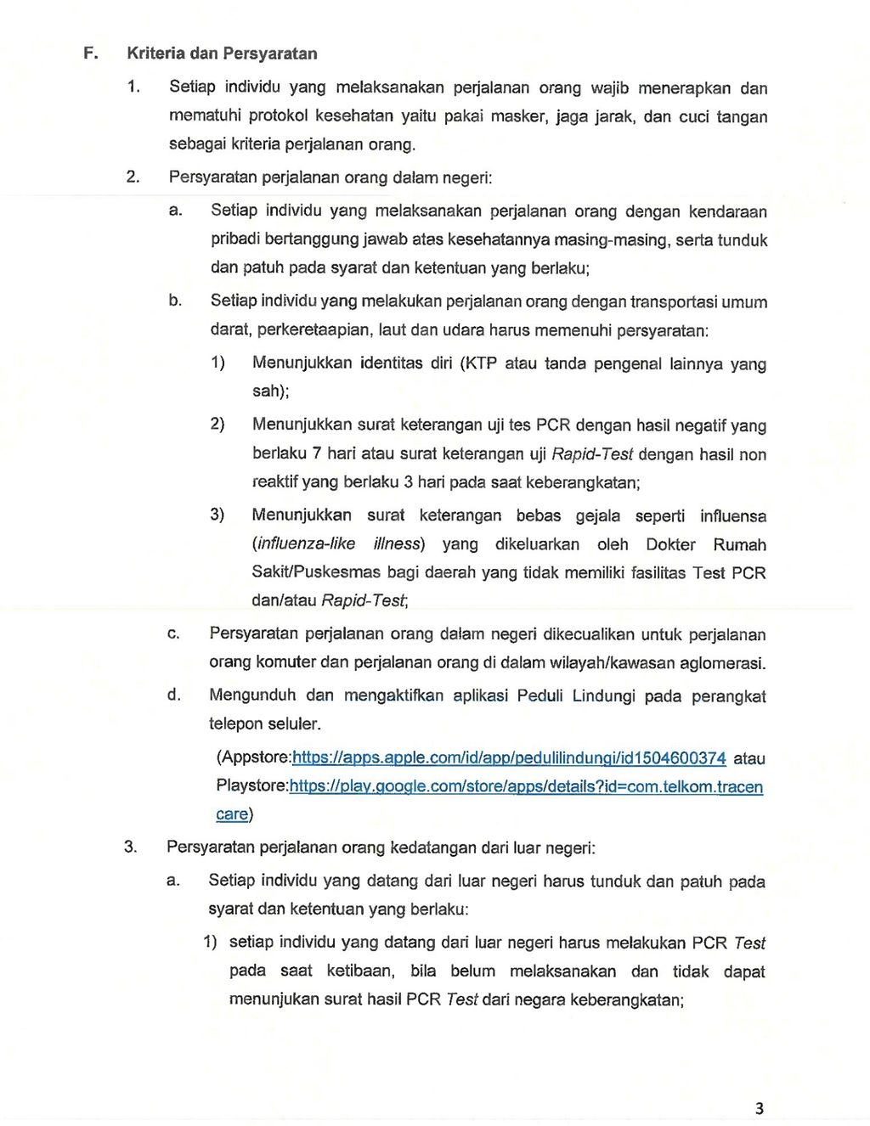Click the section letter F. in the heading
(x=90, y=53)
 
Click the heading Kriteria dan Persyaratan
(x=222, y=53)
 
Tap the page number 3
(x=759, y=1108)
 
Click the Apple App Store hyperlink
(x=509, y=757)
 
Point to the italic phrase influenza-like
(x=306, y=543)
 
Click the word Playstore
(x=251, y=786)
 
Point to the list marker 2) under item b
(x=217, y=424)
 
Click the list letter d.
(x=173, y=695)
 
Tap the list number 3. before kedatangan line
(x=130, y=847)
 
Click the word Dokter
(x=670, y=544)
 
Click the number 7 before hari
(x=317, y=453)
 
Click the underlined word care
(x=232, y=814)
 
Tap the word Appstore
(x=255, y=757)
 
